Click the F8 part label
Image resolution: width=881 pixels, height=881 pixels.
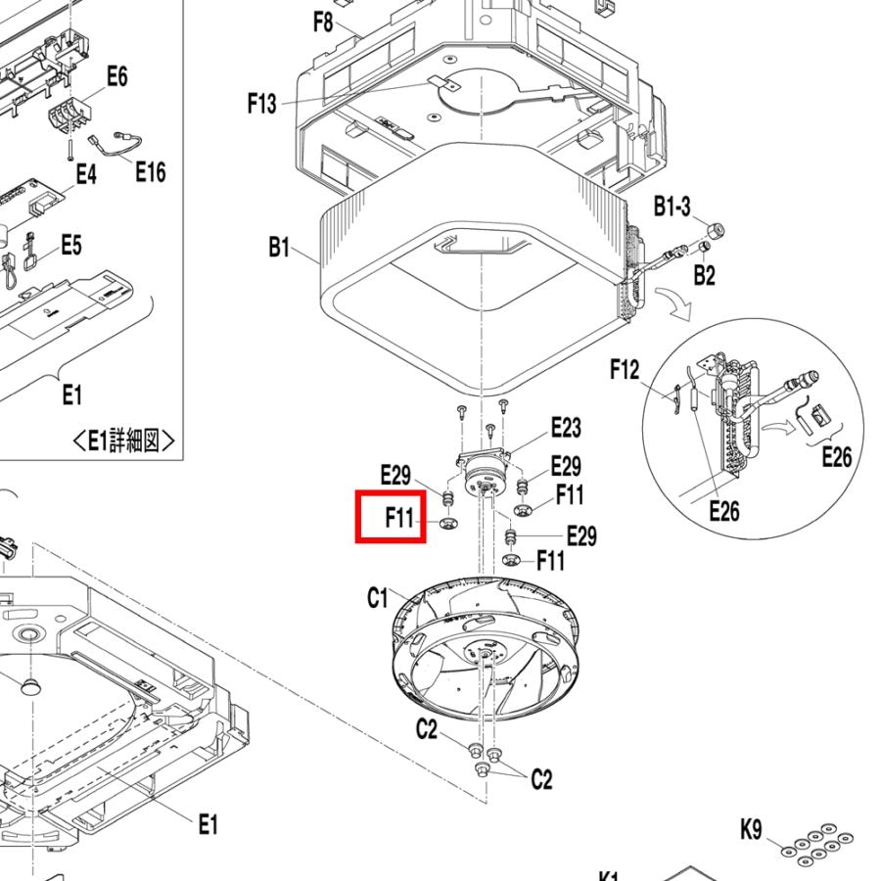point(324,22)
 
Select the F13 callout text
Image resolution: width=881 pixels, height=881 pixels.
point(262,104)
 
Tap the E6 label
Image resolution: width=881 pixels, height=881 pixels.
point(116,76)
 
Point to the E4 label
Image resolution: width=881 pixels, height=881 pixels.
point(86,175)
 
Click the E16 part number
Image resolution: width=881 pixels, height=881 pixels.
point(150,172)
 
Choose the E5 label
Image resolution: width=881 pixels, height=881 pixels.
point(70,245)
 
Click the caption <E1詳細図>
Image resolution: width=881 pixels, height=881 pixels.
point(124,441)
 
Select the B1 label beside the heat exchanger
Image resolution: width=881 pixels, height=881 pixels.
point(279,248)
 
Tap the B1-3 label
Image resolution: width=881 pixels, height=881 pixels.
point(672,207)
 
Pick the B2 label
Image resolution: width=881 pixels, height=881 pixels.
point(704,275)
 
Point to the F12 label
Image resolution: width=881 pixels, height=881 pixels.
point(624,369)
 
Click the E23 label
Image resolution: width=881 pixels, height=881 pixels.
point(565,427)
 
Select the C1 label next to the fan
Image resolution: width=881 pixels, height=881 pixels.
point(378,597)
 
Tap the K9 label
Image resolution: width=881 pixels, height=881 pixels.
point(751,831)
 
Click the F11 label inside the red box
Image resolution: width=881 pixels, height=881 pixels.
point(399,518)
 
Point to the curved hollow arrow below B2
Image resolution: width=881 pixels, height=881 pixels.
point(676,304)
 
